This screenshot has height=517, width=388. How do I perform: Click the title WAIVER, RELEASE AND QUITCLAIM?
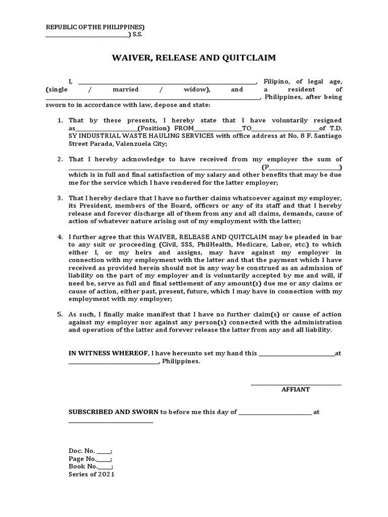[x=193, y=58]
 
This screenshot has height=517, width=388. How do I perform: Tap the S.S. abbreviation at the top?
[x=138, y=34]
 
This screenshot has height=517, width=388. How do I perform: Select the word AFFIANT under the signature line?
[x=296, y=390]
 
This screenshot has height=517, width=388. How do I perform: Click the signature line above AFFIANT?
[x=296, y=384]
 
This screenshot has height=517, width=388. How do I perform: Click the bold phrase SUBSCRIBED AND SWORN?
[x=114, y=412]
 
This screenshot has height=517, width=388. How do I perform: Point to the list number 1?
[x=59, y=120]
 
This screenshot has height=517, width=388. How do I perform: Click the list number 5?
[x=59, y=314]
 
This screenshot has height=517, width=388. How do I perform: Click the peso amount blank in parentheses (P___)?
[x=302, y=167]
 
